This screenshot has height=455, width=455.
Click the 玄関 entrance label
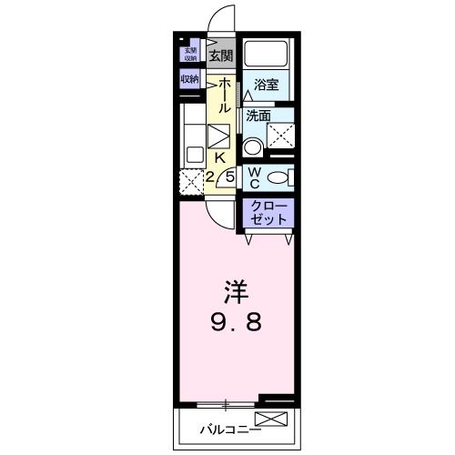tap(220, 56)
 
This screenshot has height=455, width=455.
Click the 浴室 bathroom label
tap(266, 86)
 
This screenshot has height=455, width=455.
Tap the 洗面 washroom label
tap(259, 116)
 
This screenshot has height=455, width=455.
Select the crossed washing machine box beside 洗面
tap(280, 137)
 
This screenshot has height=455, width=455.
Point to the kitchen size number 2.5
tap(220, 177)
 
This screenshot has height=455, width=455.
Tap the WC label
tap(255, 177)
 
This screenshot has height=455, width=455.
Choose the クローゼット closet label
tap(268, 213)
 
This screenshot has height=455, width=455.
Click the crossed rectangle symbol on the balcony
tap(270, 420)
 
